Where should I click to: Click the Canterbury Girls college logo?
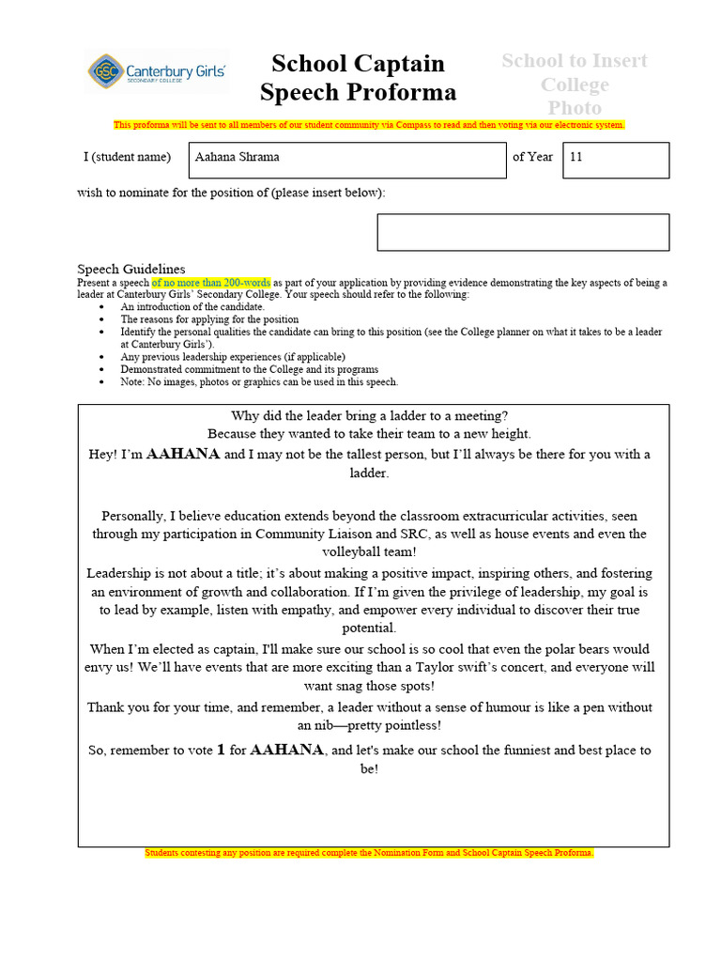coord(157,71)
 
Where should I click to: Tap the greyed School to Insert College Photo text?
coord(575,85)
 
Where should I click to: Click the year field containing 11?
coord(615,159)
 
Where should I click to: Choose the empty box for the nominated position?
coord(523,232)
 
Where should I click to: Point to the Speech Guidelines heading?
coord(130,269)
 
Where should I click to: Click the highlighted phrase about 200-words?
coord(211,283)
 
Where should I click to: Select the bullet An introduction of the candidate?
coord(192,307)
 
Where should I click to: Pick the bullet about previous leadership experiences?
coord(233,357)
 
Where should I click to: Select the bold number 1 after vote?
coord(222,750)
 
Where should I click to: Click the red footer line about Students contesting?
coord(369,853)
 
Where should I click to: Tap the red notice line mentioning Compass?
coord(369,125)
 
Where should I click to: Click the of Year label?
coord(532,157)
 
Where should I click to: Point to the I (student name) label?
coord(127,157)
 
